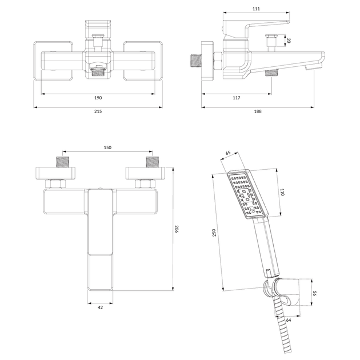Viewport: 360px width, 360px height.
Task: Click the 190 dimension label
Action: point(98,98)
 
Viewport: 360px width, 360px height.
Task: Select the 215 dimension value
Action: point(98,111)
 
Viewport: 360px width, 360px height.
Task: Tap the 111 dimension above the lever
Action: point(256,9)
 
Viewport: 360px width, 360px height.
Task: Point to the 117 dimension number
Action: point(237,98)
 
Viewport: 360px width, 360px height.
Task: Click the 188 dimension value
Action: point(258,111)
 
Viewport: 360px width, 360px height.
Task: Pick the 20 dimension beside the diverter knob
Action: point(289,41)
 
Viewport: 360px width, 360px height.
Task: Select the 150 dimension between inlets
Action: point(107,147)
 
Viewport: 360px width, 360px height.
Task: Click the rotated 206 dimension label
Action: point(177,229)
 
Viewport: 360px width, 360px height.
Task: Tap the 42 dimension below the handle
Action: point(101,307)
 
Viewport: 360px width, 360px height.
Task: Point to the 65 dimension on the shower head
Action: point(228,153)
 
